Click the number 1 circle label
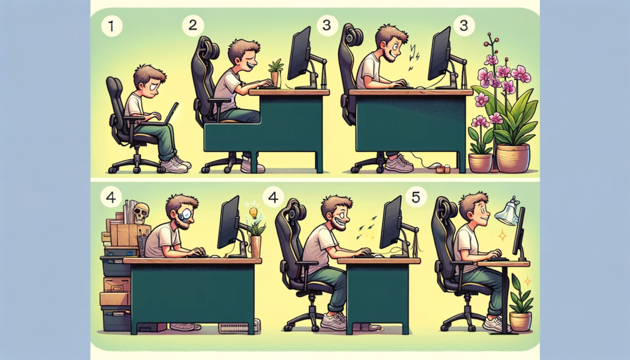point(111,27)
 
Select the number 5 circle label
point(417,198)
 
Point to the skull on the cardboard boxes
point(141,212)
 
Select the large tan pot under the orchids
point(512,158)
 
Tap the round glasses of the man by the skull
point(186,215)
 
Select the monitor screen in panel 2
point(299,54)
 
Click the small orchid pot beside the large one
point(480,162)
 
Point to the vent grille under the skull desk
point(236,327)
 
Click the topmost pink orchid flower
point(491,60)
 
